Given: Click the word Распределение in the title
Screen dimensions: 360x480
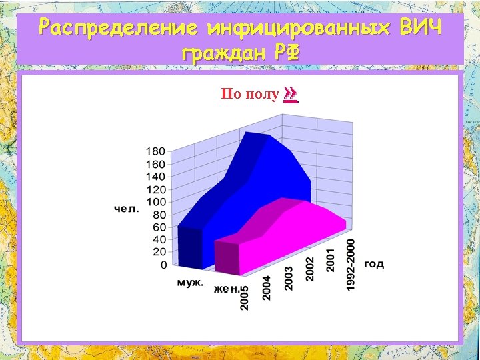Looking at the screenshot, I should click(x=119, y=28).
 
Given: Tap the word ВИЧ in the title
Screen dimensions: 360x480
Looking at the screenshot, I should click(x=420, y=28).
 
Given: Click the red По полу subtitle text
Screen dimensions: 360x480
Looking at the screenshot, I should click(x=249, y=94).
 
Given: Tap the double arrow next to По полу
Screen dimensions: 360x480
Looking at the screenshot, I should click(x=290, y=94).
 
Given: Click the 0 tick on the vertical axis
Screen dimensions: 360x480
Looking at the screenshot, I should click(x=163, y=265).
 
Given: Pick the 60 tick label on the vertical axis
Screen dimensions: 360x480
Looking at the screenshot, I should click(x=159, y=227).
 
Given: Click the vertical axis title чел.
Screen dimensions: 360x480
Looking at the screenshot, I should click(x=127, y=209).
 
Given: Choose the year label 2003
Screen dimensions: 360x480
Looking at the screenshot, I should click(x=289, y=279).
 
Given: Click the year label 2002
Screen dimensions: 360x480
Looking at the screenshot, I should click(x=309, y=269).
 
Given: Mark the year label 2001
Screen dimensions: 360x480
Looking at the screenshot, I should click(x=330, y=261).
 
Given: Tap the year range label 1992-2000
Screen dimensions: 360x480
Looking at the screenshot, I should click(x=351, y=265).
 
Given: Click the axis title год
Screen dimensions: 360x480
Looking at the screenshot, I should click(x=374, y=264).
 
